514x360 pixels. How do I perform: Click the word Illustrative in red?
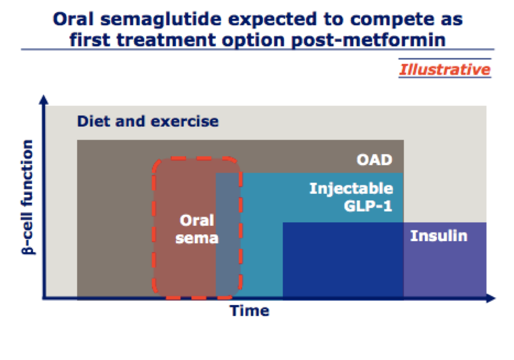coord(445,70)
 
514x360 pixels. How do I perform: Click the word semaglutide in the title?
coord(160,19)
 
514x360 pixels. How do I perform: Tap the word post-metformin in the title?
coord(368,40)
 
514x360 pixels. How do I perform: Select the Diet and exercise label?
coord(148,121)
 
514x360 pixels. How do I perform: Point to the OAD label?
coord(374,159)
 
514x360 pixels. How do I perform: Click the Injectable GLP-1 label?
coord(351,197)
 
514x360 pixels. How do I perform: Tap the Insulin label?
coord(439,236)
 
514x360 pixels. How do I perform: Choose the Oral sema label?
coord(196,229)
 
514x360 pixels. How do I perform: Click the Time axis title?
coord(250,310)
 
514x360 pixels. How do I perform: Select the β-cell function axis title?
coord(28,197)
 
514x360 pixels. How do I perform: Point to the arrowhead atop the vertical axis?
coord(43,100)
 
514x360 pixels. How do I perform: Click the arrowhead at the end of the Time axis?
coord(491,298)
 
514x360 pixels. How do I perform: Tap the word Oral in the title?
coord(73,19)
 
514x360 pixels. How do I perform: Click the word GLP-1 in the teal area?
coord(368,206)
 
